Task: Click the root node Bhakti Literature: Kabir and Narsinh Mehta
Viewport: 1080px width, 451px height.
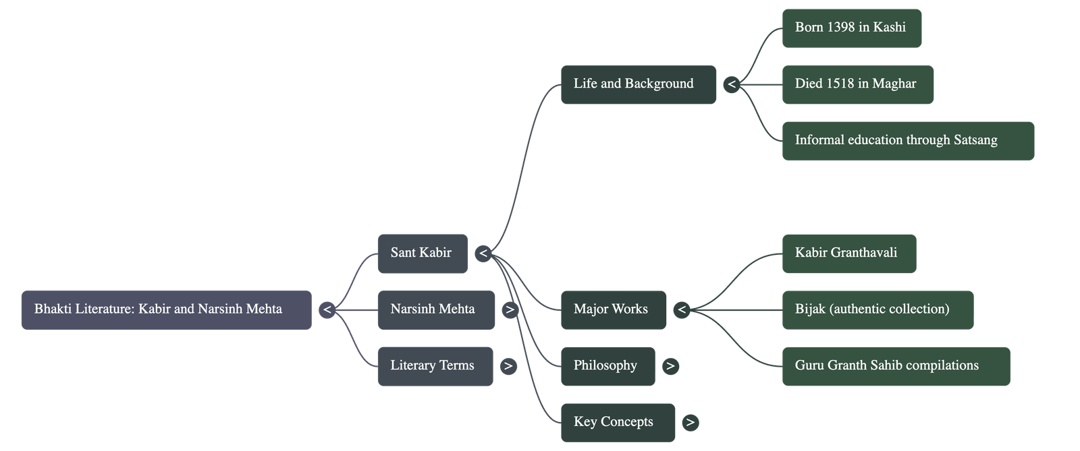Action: click(x=166, y=309)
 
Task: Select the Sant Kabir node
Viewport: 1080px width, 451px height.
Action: click(x=422, y=253)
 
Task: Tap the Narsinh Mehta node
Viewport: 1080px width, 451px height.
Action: click(x=435, y=309)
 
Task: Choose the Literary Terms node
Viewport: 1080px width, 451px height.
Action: click(x=435, y=366)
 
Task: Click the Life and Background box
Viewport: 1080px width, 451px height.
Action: click(x=637, y=84)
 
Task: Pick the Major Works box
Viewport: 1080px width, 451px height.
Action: click(x=613, y=309)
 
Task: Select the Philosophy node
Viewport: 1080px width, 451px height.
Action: click(x=607, y=366)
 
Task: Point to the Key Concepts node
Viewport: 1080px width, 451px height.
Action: click(x=617, y=423)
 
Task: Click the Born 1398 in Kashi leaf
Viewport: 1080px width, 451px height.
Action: click(x=851, y=28)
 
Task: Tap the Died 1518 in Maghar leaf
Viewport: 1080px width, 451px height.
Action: click(x=857, y=84)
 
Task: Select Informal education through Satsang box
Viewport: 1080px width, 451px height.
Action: click(x=907, y=141)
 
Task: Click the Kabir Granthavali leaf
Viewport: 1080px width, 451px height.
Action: click(x=848, y=253)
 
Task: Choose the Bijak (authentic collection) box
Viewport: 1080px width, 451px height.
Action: click(x=877, y=309)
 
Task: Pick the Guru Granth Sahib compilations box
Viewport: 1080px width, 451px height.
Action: click(x=895, y=366)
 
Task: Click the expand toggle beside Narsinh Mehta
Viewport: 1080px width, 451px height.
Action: click(x=510, y=310)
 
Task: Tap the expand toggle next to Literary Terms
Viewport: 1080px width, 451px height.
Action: click(x=508, y=366)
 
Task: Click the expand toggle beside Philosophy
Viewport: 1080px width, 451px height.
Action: click(x=670, y=366)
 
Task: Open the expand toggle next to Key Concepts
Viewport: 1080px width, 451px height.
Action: click(x=689, y=423)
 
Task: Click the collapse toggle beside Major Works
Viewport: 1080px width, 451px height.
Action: click(x=682, y=309)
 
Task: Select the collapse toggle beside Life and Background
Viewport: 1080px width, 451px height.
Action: click(x=731, y=84)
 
